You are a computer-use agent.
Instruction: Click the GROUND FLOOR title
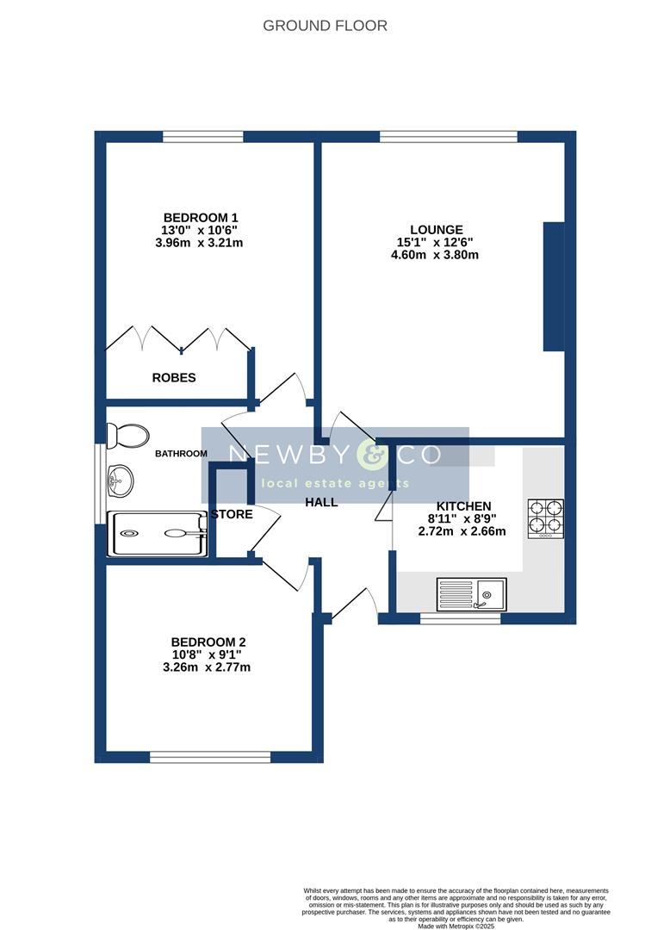[x=325, y=26]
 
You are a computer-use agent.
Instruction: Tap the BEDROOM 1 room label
[x=201, y=218]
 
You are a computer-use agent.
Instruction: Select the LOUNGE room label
[x=437, y=230]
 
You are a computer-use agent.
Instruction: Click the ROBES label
[x=174, y=378]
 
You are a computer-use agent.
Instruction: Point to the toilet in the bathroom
[x=129, y=435]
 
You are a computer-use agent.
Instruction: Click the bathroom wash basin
[x=120, y=480]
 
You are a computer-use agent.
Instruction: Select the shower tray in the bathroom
[x=157, y=534]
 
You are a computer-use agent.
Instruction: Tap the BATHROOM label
[x=181, y=454]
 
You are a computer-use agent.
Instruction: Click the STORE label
[x=233, y=515]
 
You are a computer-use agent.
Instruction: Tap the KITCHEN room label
[x=463, y=506]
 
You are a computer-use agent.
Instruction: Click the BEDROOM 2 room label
[x=208, y=642]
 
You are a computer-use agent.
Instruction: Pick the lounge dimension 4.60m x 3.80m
[x=437, y=255]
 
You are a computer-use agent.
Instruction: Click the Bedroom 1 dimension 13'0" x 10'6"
[x=201, y=231]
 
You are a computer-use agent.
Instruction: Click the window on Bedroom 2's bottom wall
[x=210, y=758]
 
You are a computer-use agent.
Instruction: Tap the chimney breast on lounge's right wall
[x=554, y=287]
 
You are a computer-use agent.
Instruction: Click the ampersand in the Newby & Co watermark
[x=372, y=455]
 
